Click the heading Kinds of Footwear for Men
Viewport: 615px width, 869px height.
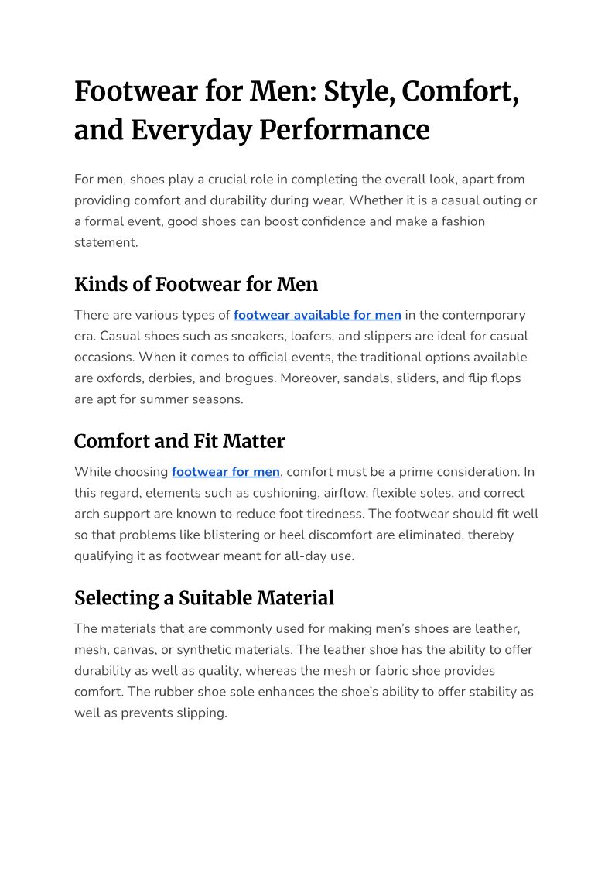[196, 284]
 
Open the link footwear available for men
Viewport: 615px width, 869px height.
[317, 315]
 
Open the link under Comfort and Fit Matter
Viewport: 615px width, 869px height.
[226, 471]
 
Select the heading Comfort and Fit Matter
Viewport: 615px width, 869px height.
[179, 441]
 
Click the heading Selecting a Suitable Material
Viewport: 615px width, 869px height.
[204, 597]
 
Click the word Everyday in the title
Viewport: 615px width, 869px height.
[191, 129]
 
